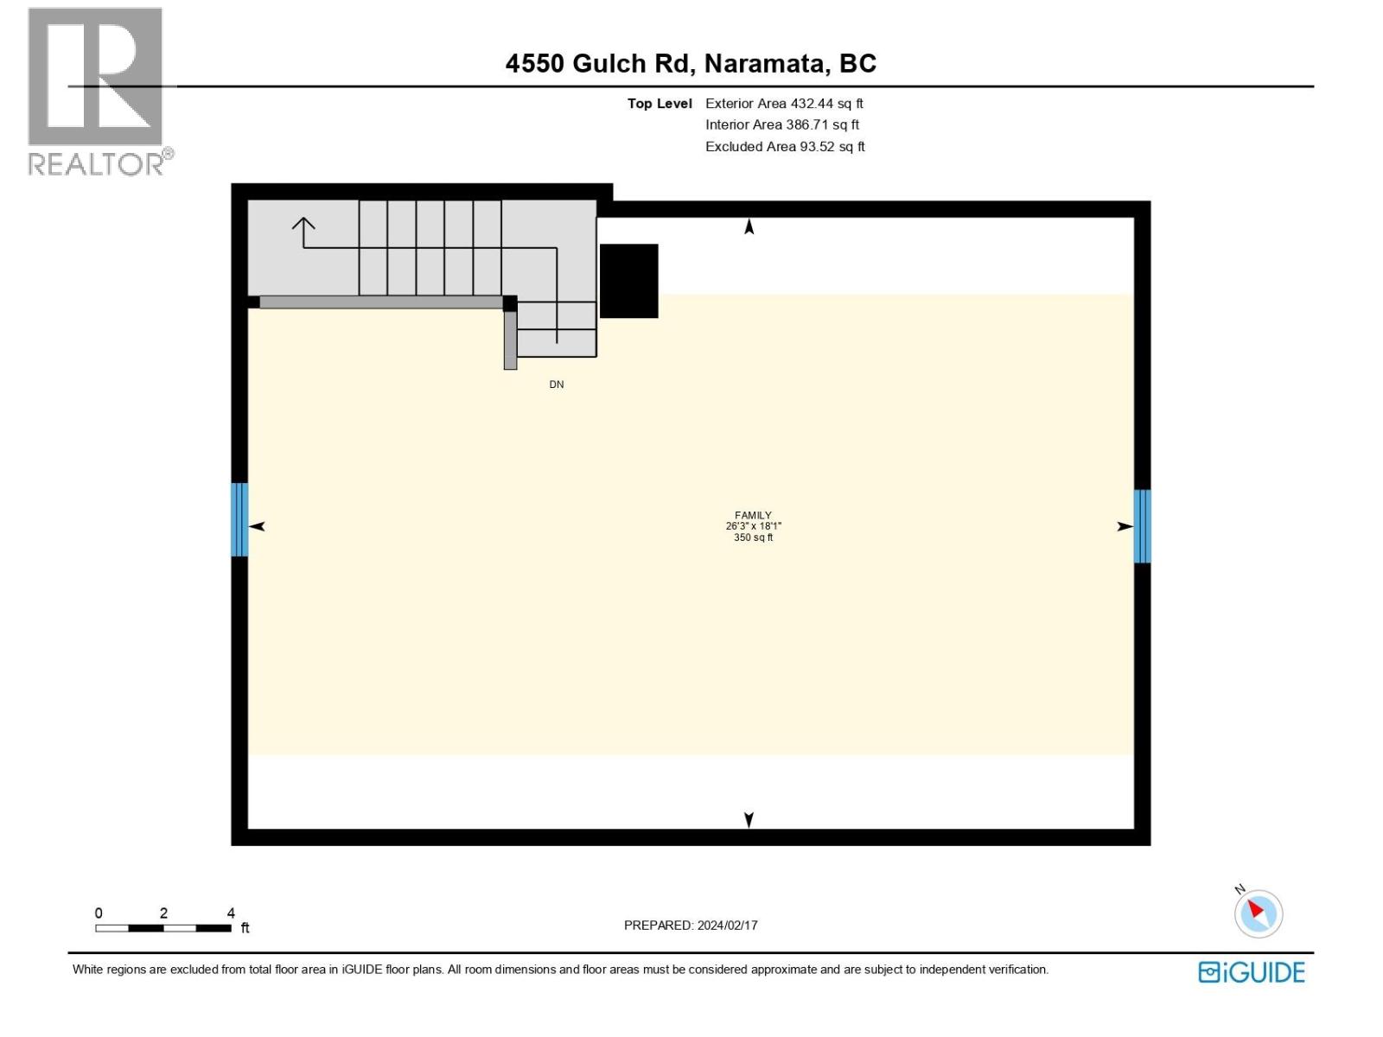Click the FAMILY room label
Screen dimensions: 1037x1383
(753, 515)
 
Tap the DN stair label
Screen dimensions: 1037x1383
(557, 385)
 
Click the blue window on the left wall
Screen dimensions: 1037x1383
(239, 519)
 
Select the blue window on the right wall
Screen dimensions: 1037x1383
(1142, 526)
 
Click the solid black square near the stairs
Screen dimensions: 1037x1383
(629, 281)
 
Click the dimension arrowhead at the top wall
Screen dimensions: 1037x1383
(749, 226)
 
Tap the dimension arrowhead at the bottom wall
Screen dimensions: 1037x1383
(749, 819)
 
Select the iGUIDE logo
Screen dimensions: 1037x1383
(1252, 972)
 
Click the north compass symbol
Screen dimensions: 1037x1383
(1258, 913)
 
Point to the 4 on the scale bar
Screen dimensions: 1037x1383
(231, 913)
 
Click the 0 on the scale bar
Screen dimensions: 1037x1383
(99, 913)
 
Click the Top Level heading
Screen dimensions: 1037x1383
(660, 104)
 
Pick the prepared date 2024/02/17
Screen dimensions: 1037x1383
(728, 925)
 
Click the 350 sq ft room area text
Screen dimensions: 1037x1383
(753, 538)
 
